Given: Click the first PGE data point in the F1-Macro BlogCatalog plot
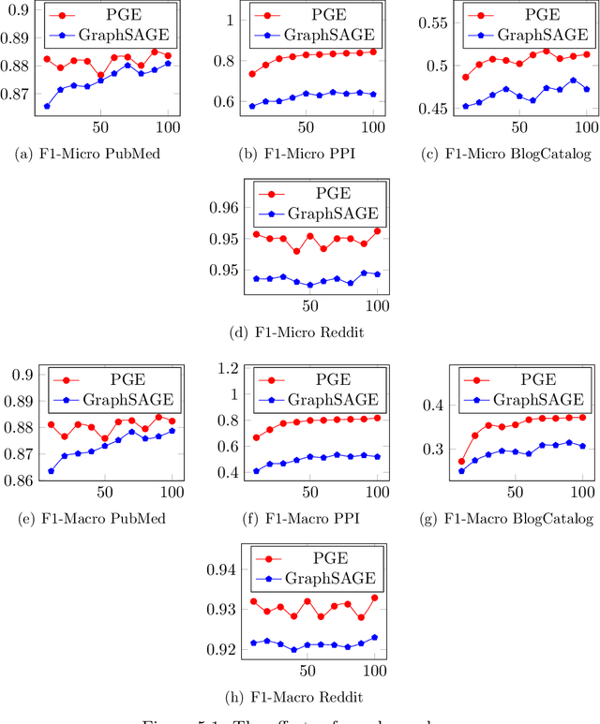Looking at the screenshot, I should click(x=461, y=461).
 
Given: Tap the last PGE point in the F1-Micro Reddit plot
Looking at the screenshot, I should click(x=377, y=230).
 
